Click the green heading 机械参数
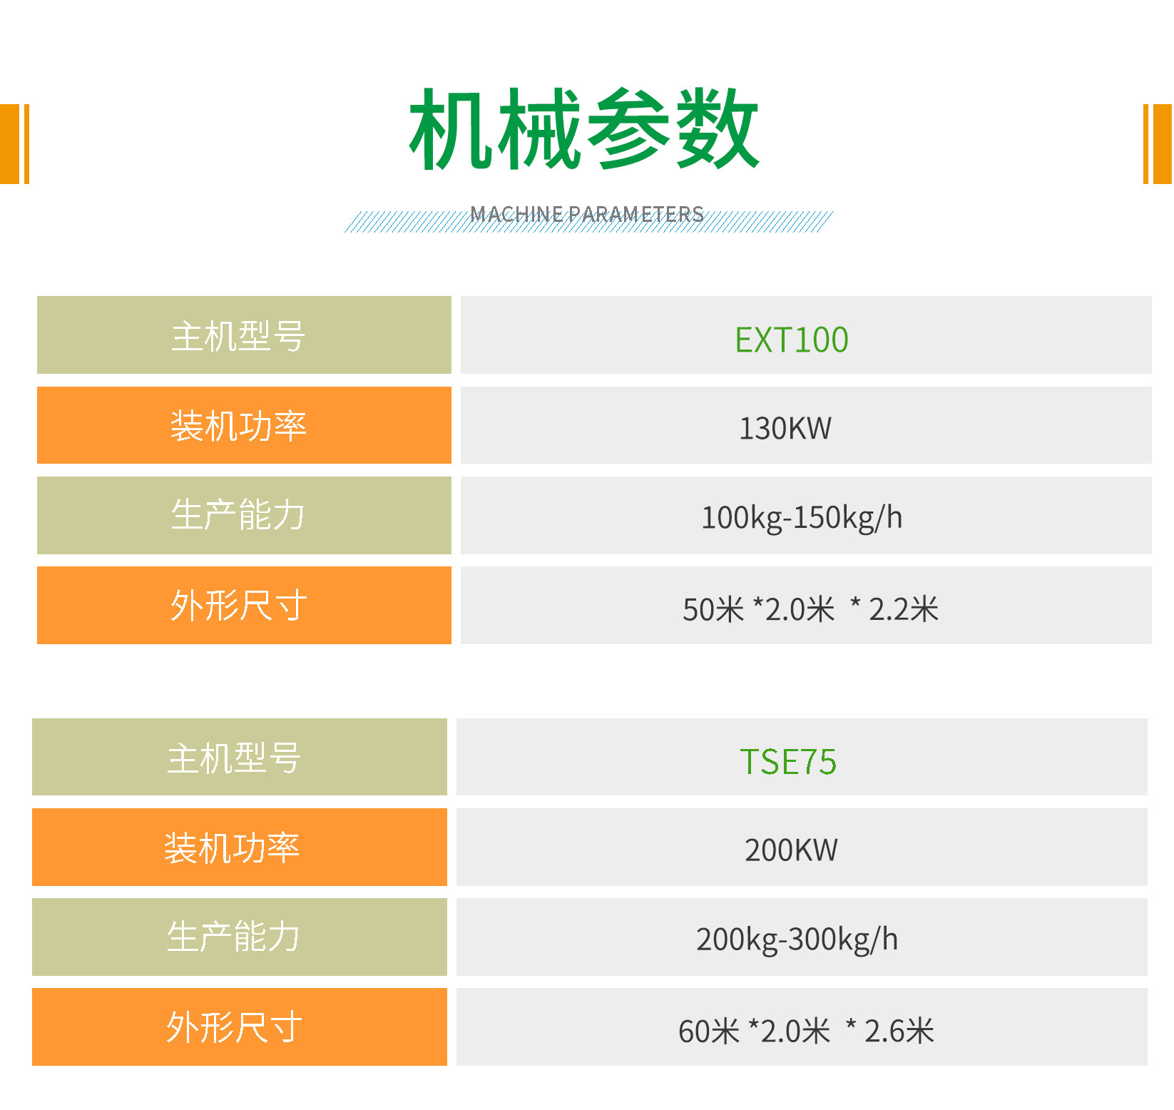tap(584, 129)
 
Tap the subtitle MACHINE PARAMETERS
tap(587, 214)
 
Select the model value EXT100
tap(792, 340)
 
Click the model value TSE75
tap(788, 762)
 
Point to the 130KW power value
tap(785, 429)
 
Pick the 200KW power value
tap(791, 850)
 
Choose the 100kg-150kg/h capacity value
tap(802, 518)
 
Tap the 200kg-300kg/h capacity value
tap(797, 940)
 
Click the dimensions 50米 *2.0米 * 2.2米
tap(810, 609)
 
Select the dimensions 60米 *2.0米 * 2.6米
tap(806, 1031)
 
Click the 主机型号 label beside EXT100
tap(238, 336)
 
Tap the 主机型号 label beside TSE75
tap(234, 758)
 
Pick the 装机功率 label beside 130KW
tap(238, 426)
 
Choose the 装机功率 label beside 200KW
tap(232, 848)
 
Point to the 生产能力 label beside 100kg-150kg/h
tap(238, 515)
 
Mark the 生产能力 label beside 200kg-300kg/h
tap(233, 937)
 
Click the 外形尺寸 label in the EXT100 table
tap(238, 606)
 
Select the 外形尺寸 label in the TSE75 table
tap(234, 1027)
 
